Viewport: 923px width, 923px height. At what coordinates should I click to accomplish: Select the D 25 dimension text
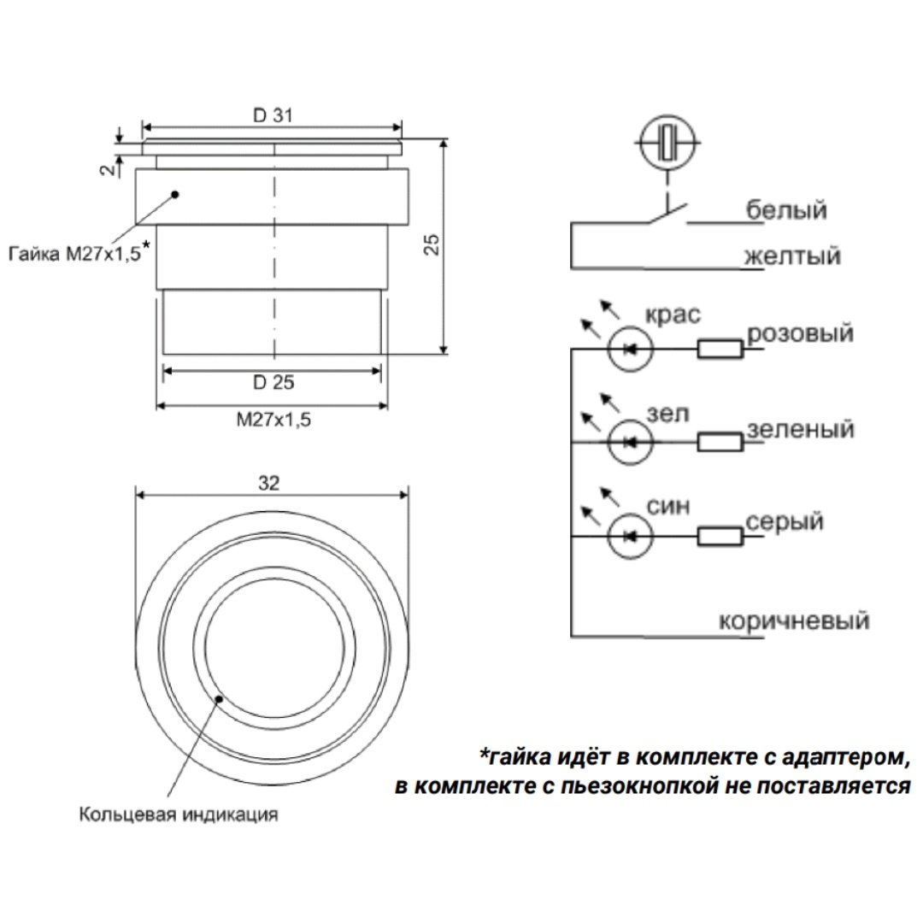tap(273, 382)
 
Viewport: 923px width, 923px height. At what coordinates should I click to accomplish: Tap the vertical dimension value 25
tap(432, 245)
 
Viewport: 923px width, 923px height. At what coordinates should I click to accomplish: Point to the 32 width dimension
tap(269, 483)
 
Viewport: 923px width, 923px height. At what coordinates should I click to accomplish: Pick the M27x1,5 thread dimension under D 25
tap(272, 420)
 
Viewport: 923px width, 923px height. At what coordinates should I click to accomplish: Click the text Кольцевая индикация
tap(179, 814)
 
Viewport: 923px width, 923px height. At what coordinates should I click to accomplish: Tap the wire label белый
tap(786, 209)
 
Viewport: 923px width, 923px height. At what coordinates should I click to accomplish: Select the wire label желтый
tap(791, 256)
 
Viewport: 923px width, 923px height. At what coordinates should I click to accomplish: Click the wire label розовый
tap(800, 332)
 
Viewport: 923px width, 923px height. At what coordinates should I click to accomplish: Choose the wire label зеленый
tap(800, 429)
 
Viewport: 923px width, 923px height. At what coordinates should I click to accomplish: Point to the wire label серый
tap(785, 521)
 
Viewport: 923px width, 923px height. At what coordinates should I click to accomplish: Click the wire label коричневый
tap(794, 620)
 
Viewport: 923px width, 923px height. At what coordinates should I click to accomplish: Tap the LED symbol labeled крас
tap(630, 348)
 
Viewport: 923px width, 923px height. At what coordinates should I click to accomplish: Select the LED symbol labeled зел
tap(630, 442)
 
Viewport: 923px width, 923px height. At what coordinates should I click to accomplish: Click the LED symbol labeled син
tap(630, 536)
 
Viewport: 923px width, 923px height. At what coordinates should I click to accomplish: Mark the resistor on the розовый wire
tap(720, 348)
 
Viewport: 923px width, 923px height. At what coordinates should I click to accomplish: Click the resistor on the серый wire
tap(720, 536)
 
